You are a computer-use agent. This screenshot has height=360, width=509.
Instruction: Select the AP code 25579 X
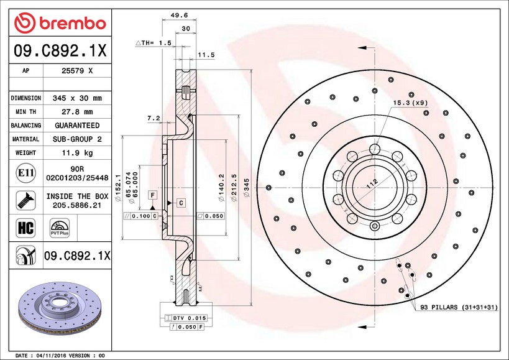77,71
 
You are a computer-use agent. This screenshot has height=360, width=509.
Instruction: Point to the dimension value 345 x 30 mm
77,98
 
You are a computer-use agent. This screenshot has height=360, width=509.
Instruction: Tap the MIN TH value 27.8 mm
77,112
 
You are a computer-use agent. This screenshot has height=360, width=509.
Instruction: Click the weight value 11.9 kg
77,153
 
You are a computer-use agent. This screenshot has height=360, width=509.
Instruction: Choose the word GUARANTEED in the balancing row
77,126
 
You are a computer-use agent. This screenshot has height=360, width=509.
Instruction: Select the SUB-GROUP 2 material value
77,139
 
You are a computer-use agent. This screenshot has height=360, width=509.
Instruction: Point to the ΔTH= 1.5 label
152,43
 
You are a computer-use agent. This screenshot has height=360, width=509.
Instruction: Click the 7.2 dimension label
154,118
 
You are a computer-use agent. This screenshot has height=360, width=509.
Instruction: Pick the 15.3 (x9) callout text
410,102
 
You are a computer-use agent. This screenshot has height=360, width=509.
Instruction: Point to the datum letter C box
180,203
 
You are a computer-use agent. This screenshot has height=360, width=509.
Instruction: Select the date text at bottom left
60,355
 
